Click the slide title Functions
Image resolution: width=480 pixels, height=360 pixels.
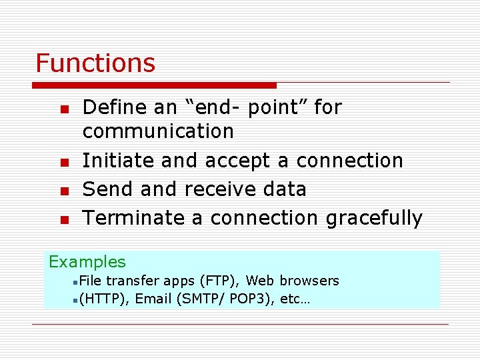click(x=95, y=63)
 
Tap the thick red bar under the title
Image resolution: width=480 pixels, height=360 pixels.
click(x=154, y=85)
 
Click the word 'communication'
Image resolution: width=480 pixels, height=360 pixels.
click(x=158, y=131)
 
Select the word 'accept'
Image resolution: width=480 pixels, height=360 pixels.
click(x=238, y=161)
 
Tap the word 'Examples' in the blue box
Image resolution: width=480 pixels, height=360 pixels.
click(x=87, y=262)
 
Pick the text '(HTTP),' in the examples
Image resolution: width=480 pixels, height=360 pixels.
click(x=104, y=299)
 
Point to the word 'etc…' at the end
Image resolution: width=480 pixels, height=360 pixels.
click(x=295, y=299)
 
